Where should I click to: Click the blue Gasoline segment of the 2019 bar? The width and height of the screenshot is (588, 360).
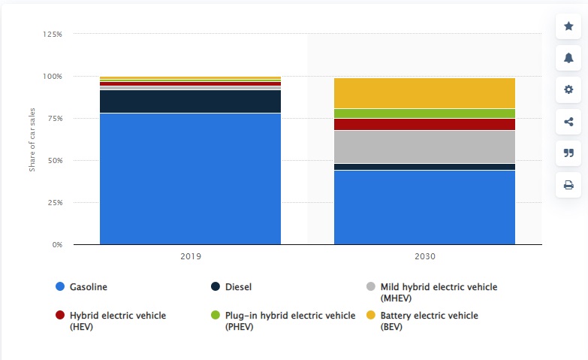(190, 179)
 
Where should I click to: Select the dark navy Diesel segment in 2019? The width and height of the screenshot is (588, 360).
(190, 101)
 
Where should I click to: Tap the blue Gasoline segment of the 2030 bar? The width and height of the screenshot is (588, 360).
(424, 207)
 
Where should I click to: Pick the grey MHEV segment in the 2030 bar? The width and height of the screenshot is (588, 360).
(424, 147)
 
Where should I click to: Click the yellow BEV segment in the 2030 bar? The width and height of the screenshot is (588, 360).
(424, 93)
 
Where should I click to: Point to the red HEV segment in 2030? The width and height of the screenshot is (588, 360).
(424, 124)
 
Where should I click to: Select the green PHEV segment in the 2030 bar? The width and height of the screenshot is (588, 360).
(424, 113)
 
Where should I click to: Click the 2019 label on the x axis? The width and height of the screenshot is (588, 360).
(190, 256)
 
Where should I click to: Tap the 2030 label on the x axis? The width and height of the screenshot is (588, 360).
(424, 256)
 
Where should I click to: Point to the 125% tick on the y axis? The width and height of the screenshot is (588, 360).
(52, 35)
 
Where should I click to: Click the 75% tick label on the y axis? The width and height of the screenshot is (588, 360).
(53, 119)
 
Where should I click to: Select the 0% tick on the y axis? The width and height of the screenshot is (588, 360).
(56, 245)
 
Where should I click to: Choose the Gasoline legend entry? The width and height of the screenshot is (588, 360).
(88, 287)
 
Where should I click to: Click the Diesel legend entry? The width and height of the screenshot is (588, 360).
(237, 287)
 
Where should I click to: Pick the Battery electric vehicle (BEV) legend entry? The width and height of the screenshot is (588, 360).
(429, 321)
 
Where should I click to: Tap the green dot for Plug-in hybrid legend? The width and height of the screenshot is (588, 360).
(216, 316)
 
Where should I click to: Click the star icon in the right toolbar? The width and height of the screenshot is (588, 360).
(568, 27)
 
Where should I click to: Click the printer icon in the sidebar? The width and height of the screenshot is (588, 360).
(568, 185)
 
